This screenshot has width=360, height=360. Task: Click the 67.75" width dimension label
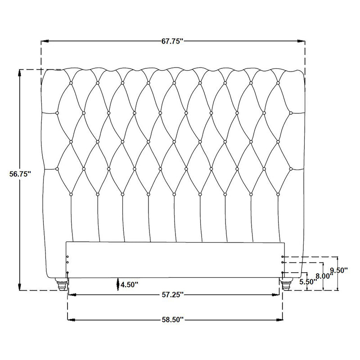[x=172, y=41]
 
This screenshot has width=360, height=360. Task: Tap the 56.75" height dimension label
[x=20, y=174]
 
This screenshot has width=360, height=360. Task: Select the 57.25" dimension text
[x=173, y=295]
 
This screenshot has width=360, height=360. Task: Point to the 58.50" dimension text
[x=173, y=319]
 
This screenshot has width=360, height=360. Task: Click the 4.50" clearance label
[x=130, y=285]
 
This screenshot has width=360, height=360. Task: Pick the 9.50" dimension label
[x=339, y=270]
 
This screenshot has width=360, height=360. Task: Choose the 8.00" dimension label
[x=324, y=276]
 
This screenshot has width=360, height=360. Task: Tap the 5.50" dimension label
[x=308, y=282]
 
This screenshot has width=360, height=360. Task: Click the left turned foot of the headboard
[x=61, y=284]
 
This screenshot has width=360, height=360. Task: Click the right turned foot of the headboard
[x=287, y=284]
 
